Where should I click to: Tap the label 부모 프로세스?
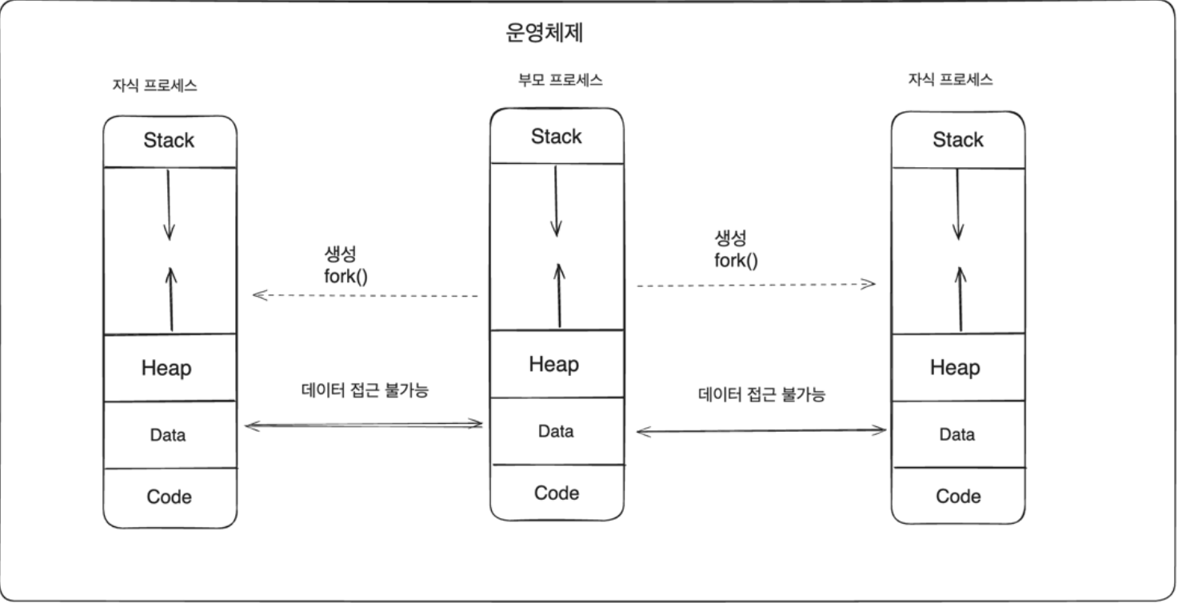[560, 80]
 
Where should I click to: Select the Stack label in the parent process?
[557, 137]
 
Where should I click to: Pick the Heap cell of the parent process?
[553, 365]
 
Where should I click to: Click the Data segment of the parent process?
[556, 432]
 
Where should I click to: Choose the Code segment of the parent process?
[557, 493]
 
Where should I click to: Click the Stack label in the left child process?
[169, 141]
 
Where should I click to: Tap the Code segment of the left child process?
[170, 497]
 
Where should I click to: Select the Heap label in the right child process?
[955, 368]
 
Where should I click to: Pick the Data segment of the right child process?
[957, 435]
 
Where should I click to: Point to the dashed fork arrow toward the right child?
[756, 284]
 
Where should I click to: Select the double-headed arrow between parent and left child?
[364, 425]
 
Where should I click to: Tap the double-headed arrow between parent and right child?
[761, 431]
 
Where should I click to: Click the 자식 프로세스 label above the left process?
[155, 86]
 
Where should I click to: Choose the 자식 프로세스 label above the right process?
[950, 80]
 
